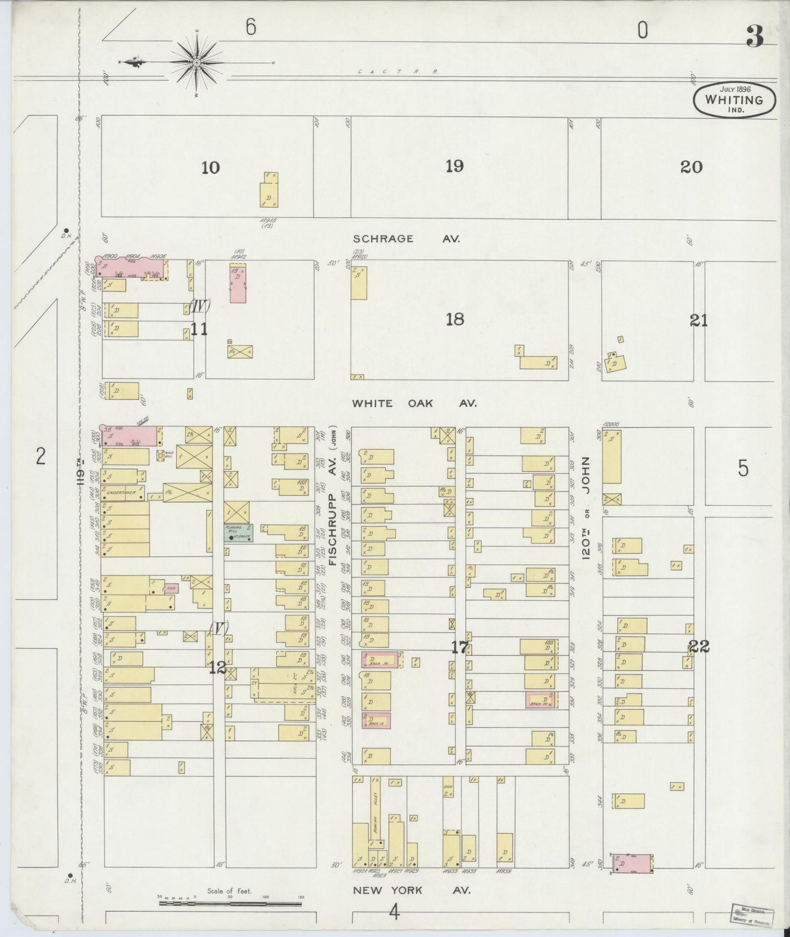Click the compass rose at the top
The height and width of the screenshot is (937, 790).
point(196,64)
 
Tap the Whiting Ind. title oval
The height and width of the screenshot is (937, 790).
point(734,100)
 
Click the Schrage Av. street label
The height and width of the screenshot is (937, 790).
point(406,239)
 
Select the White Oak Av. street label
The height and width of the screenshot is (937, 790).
point(414,403)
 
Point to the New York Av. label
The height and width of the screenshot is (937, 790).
point(411,890)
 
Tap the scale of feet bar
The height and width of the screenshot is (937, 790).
point(230,904)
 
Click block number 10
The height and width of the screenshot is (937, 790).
point(210,167)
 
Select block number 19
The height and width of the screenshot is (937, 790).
point(454,166)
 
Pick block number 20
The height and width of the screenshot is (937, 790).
point(691,167)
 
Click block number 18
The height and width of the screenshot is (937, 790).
point(454,319)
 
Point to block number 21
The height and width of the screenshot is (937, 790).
point(699,321)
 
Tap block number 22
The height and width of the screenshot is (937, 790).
point(699,647)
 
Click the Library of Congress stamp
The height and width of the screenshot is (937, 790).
point(750,913)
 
